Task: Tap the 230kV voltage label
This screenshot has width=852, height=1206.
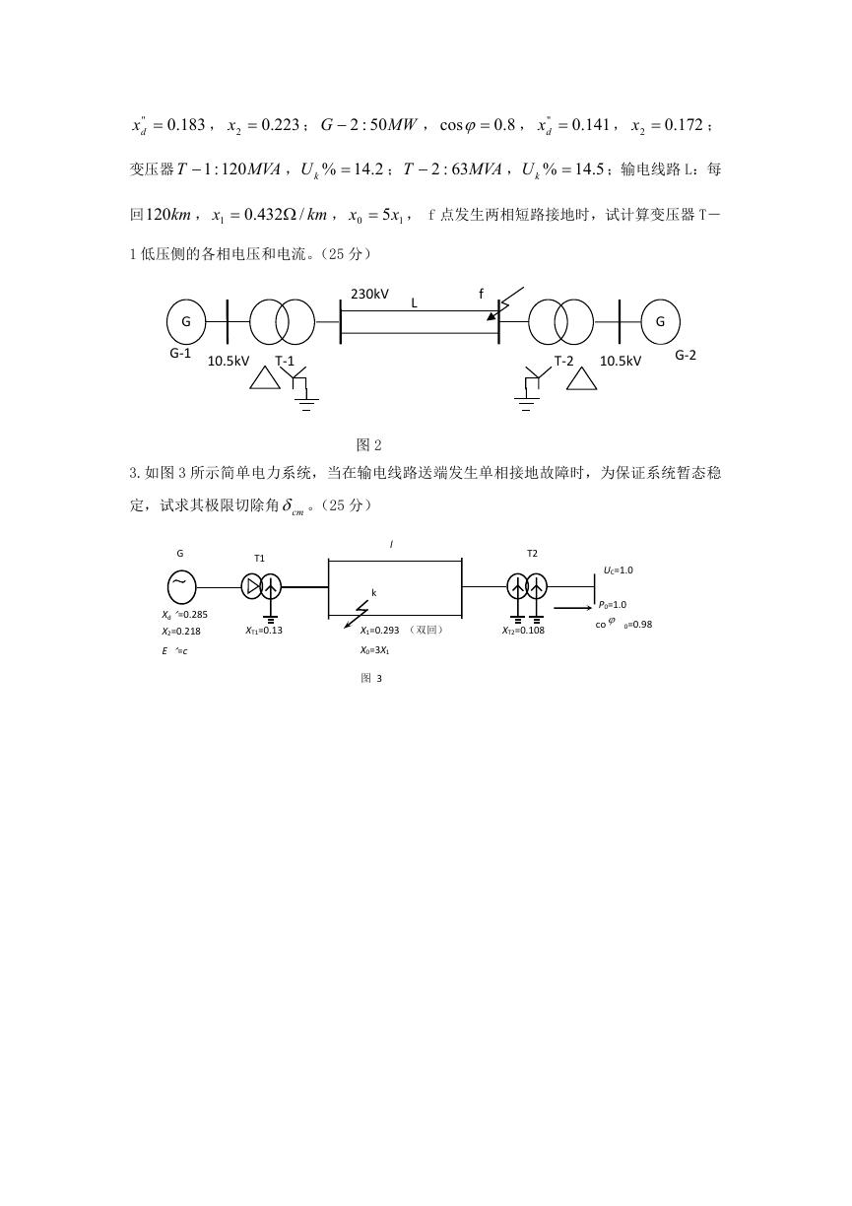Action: [x=369, y=294]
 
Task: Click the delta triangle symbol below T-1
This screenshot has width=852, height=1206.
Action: [x=265, y=377]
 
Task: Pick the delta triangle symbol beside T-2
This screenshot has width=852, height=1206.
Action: [x=581, y=378]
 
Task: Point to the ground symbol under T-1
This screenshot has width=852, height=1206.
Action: [x=306, y=404]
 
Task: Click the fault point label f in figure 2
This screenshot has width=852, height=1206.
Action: [x=482, y=294]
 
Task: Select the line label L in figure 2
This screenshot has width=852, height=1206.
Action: [x=415, y=303]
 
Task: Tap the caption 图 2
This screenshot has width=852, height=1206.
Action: [x=369, y=444]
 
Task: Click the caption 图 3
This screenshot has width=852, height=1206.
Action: [x=371, y=678]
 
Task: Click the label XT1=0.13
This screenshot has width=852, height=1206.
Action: [x=264, y=631]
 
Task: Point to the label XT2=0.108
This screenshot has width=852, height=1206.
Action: [x=523, y=631]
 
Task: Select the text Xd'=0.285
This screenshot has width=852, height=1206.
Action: [x=184, y=615]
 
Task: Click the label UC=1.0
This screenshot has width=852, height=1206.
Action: [x=618, y=570]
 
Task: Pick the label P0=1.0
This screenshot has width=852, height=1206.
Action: [x=613, y=605]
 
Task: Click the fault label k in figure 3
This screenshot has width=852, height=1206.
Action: [x=374, y=593]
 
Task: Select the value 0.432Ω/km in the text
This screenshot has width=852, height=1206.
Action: [x=286, y=215]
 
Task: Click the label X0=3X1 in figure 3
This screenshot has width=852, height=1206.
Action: [x=375, y=650]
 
